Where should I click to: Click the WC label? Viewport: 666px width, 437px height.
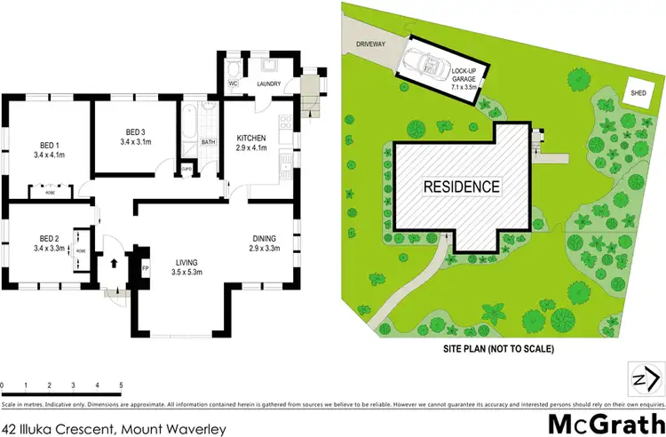pyautogui.click(x=234, y=84)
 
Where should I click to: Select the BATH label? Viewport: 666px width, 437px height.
pyautogui.click(x=209, y=142)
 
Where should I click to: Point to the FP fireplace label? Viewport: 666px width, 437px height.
pyautogui.click(x=146, y=265)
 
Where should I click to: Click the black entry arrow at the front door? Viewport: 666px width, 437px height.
pyautogui.click(x=114, y=263)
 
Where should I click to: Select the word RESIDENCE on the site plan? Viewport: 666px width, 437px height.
pyautogui.click(x=461, y=187)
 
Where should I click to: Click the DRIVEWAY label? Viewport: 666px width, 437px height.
pyautogui.click(x=372, y=43)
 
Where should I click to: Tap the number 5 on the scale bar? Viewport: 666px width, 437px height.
pyautogui.click(x=121, y=385)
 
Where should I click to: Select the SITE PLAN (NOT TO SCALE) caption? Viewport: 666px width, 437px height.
pyautogui.click(x=498, y=349)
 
